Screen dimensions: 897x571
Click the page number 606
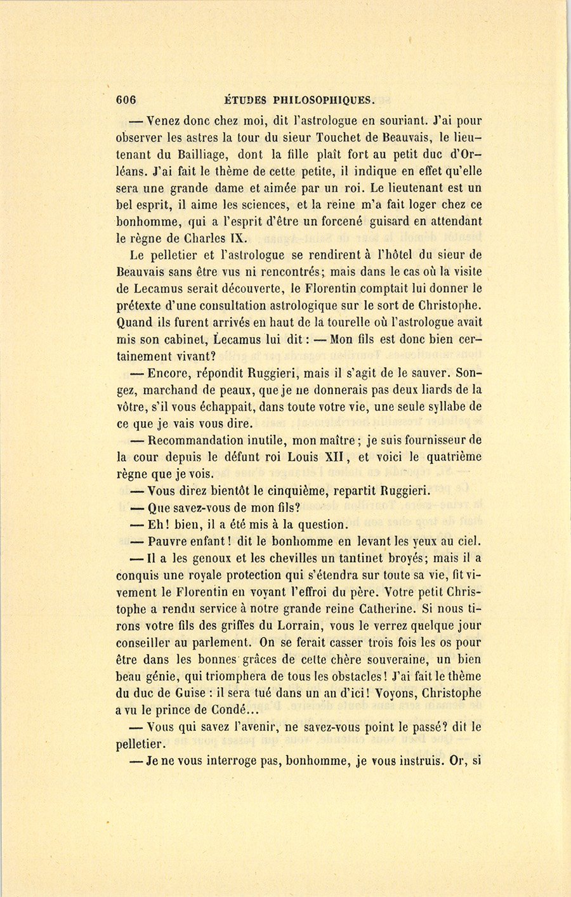[127, 100]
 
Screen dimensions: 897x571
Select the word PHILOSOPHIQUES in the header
[325, 100]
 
